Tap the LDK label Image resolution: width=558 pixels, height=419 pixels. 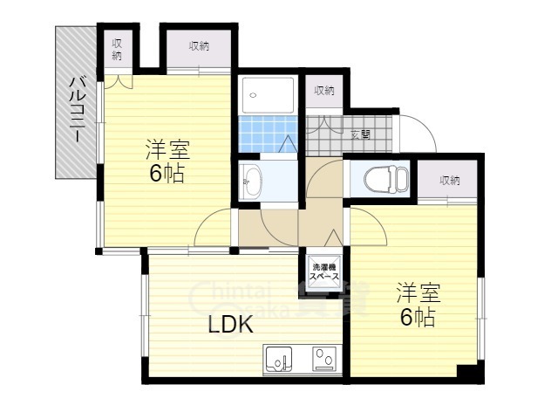(230, 326)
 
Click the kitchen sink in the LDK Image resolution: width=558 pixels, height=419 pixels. (280, 359)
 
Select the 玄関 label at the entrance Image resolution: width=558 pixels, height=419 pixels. (360, 134)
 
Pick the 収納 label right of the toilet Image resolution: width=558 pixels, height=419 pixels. (450, 181)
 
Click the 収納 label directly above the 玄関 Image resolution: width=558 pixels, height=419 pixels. (325, 90)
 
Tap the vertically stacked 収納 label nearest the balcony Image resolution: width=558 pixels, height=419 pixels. (117, 51)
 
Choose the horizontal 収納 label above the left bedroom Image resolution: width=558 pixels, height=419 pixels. (198, 46)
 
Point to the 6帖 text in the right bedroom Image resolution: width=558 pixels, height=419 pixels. (418, 317)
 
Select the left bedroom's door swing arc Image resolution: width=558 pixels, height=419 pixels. (212, 232)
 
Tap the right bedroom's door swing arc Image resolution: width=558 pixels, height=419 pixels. (369, 229)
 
